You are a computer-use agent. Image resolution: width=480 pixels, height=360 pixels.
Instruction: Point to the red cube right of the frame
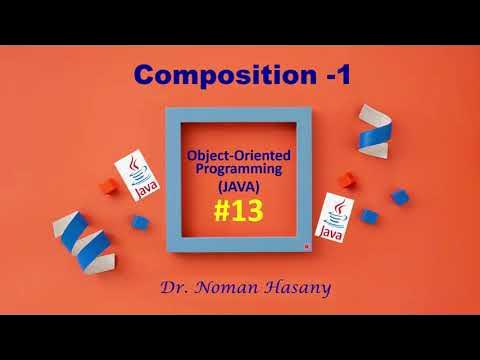[346, 181]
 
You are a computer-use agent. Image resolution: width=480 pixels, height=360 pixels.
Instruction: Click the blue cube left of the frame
[141, 221]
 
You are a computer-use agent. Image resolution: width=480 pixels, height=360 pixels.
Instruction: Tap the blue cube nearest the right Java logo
[368, 216]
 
